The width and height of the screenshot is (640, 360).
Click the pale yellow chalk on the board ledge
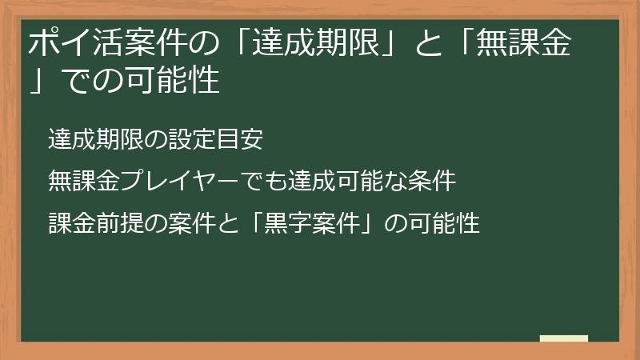coord(564,338)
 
